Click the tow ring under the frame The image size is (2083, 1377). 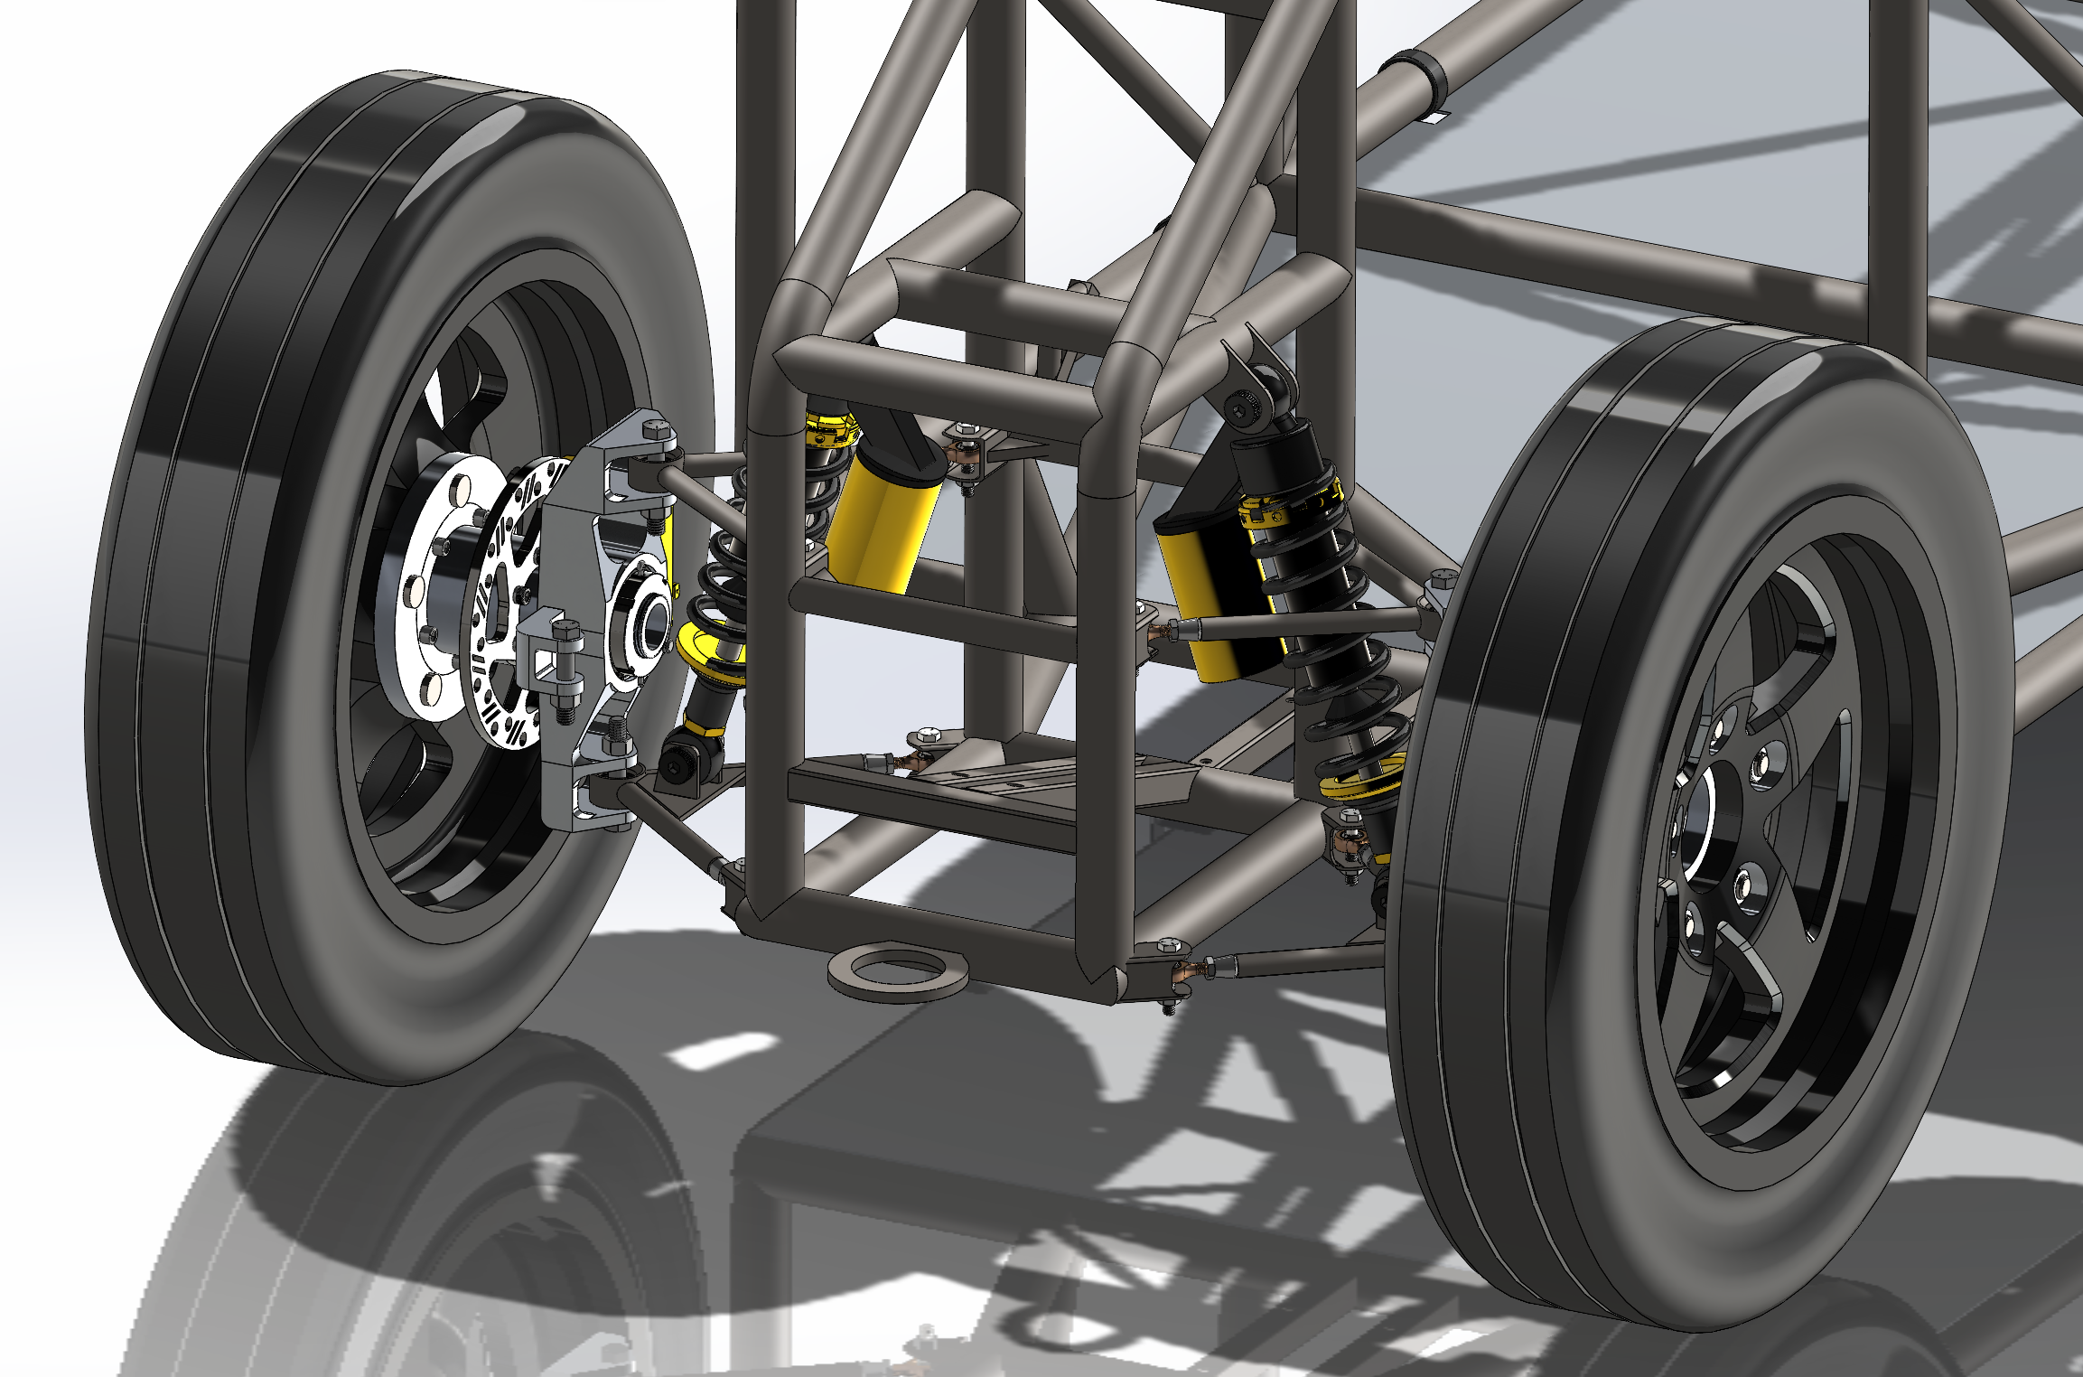coord(898,972)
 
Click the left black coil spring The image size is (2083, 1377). coord(723,578)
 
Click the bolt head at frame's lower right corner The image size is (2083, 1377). coord(1168,945)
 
